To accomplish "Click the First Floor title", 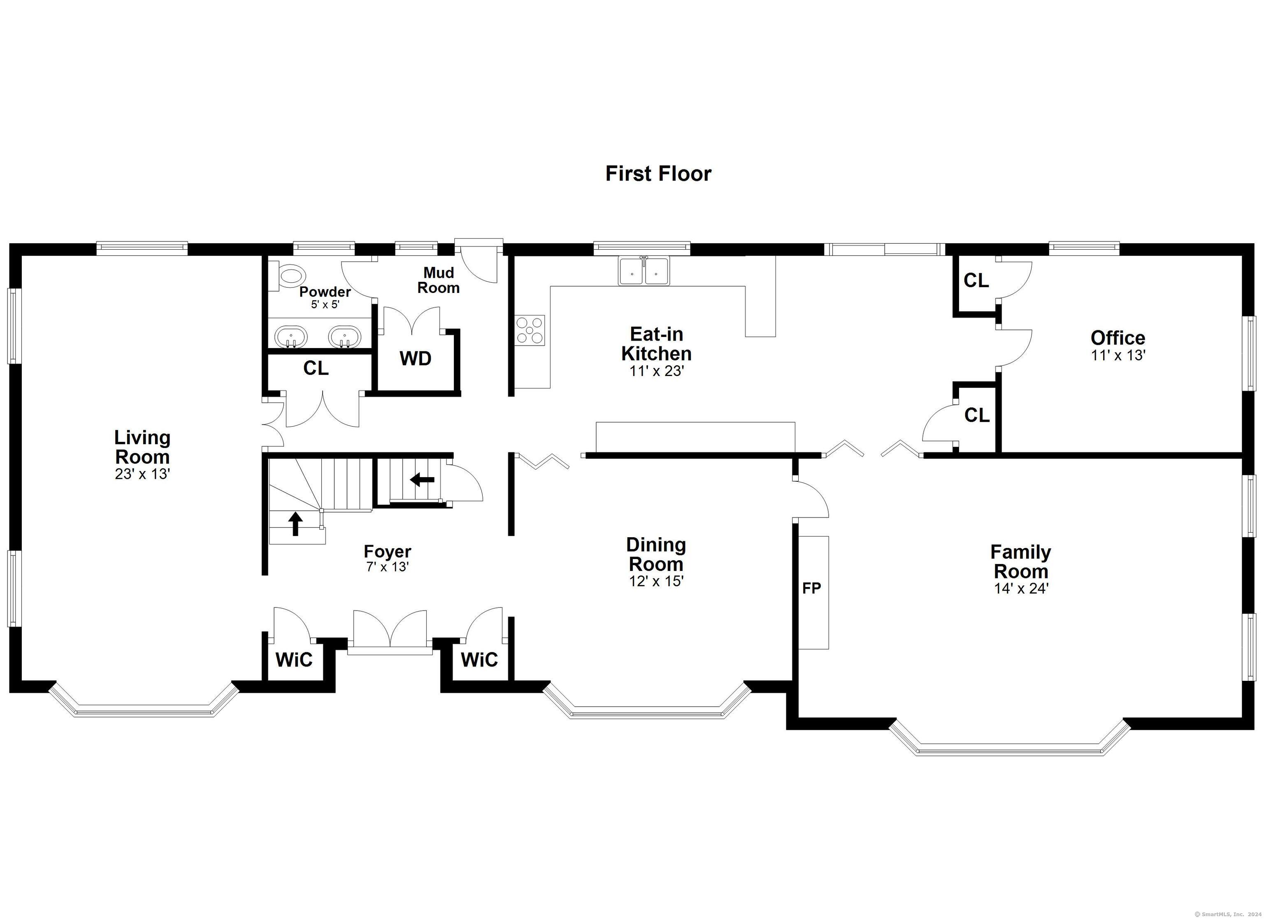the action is point(658,174).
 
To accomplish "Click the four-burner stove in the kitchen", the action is point(530,330).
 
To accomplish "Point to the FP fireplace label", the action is point(811,588).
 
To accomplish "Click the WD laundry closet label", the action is point(415,359).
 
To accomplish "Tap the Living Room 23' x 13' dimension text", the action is point(143,474).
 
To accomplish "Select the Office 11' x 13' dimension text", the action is point(1118,355).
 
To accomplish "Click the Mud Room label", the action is point(439,280).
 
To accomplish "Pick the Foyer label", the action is point(387,552).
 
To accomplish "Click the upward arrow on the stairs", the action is point(295,524).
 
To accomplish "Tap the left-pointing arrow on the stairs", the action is point(423,479).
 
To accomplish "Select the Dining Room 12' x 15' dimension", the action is point(656,581).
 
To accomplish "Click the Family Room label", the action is point(1020,562).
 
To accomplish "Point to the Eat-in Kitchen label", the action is point(657,344).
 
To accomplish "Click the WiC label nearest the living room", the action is point(294,660).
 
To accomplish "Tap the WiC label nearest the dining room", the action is point(479,660).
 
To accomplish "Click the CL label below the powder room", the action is point(316,368).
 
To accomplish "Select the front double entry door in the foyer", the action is point(390,633).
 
